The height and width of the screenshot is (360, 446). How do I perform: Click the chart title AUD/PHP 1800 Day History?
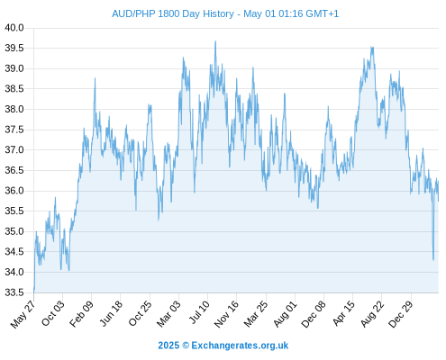point(173,13)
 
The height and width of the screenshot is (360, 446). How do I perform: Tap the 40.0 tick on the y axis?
point(14,28)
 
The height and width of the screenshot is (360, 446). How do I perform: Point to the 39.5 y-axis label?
point(14,49)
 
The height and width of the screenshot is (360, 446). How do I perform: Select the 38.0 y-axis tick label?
point(14,109)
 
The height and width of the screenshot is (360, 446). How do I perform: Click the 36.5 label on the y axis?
point(14,170)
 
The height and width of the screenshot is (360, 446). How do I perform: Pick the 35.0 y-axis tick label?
point(14,231)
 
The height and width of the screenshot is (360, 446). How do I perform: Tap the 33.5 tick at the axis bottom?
point(14,292)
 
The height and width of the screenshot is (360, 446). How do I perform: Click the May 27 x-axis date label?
point(23,314)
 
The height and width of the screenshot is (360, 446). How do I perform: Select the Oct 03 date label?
point(53,313)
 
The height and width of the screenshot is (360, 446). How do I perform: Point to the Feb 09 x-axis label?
point(81,314)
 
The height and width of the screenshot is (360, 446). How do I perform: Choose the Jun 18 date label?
point(111,313)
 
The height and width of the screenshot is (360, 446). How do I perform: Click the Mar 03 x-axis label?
point(168,313)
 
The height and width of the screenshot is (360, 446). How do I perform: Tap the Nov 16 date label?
point(226,314)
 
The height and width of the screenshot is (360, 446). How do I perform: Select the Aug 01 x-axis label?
point(285,314)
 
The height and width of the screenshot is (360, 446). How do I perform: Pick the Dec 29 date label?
point(401,314)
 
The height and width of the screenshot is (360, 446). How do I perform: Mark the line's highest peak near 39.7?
point(215,41)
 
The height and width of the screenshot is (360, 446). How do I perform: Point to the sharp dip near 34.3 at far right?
point(433,260)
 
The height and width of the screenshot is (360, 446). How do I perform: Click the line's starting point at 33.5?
point(33,292)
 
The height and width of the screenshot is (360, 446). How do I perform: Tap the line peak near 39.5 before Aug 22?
point(372,47)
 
